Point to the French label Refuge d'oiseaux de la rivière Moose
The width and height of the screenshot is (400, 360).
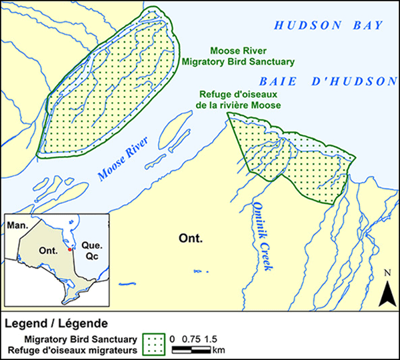[x=238, y=100]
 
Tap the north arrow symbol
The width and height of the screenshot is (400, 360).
[x=385, y=286]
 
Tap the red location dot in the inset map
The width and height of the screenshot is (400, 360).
[x=69, y=249]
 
